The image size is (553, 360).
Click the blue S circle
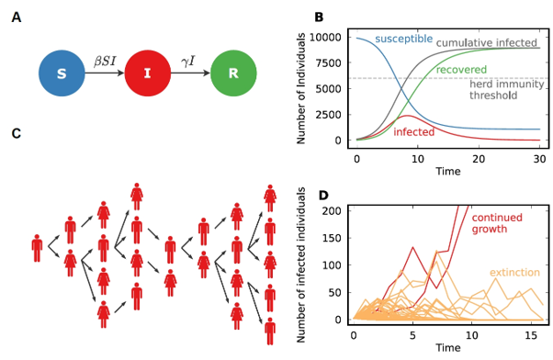[x=62, y=73]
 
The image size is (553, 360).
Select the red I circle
[x=147, y=73]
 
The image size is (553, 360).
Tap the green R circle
[x=233, y=73]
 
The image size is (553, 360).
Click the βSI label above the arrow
[x=105, y=61]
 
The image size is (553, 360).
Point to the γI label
[x=188, y=62]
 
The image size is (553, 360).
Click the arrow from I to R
[x=190, y=73]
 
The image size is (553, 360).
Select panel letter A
[x=17, y=17]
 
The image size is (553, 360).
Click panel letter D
[x=323, y=195]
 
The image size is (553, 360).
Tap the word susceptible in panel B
[x=404, y=39]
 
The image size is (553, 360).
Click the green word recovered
[x=461, y=70]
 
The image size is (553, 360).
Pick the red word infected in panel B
[x=413, y=132]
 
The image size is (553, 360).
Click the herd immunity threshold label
[x=507, y=90]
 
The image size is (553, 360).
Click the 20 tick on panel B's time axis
[x=479, y=159]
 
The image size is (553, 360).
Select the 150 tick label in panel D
[x=332, y=238]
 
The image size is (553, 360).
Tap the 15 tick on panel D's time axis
[x=531, y=335]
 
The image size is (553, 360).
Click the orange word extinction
[x=514, y=272]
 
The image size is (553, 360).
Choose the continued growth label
[x=497, y=223]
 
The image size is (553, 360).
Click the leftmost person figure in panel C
[x=37, y=248]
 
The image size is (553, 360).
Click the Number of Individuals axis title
[x=300, y=88]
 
